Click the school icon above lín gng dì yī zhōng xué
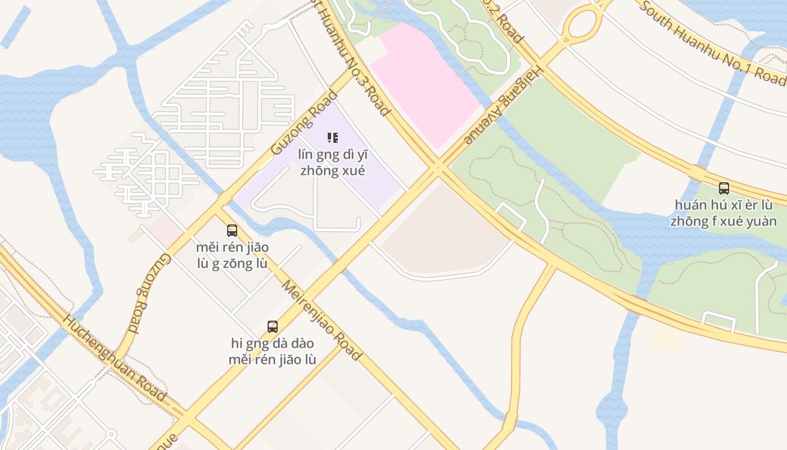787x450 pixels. coord(333,137)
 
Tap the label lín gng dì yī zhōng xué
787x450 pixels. coord(333,162)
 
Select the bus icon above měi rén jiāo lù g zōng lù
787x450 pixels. coord(232,230)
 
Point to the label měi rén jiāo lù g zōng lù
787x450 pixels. coord(232,255)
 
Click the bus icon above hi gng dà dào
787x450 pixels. coord(273,326)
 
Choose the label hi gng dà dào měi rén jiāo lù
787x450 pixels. coord(273,352)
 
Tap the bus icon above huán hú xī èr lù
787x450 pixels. coord(724,188)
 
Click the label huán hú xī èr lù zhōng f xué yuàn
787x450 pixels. coord(723,213)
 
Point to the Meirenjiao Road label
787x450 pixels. coord(321,319)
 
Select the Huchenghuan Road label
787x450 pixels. coord(114,358)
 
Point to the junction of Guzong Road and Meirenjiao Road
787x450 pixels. coord(219,204)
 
